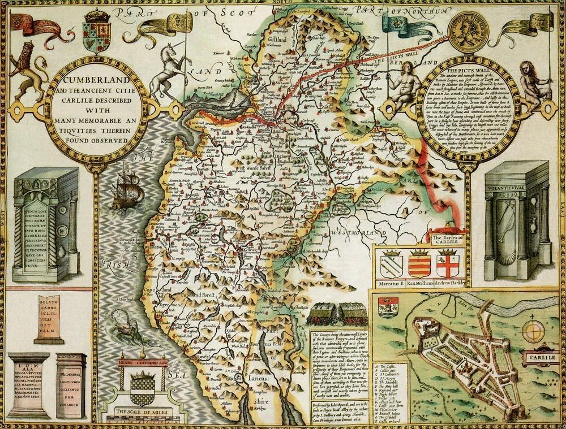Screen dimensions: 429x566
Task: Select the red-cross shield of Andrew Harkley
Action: tap(450, 263)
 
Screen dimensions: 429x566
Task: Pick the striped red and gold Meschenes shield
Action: tap(420, 263)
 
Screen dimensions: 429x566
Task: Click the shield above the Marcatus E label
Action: tap(391, 263)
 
